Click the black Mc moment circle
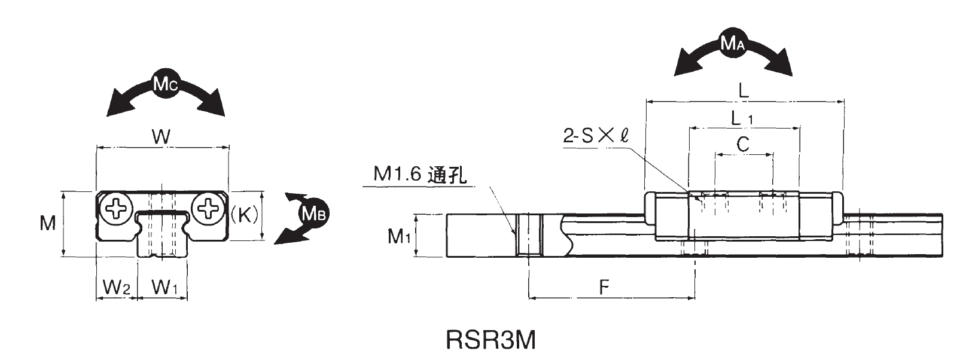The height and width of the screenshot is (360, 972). click(x=164, y=86)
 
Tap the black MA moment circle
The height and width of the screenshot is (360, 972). click(x=733, y=43)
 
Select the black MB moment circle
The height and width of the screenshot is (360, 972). click(x=313, y=213)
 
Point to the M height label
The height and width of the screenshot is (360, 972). click(x=48, y=224)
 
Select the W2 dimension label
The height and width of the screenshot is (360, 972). click(x=116, y=288)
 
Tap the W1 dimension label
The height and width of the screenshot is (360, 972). click(x=164, y=288)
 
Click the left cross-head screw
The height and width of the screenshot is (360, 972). click(x=115, y=209)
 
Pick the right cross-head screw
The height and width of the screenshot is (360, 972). click(x=208, y=209)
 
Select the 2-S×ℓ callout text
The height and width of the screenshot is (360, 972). click(x=595, y=136)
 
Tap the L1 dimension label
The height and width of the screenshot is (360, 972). click(x=742, y=118)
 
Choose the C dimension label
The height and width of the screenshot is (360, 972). click(x=743, y=144)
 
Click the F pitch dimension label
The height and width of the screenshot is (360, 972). click(x=605, y=286)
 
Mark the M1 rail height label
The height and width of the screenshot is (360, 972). click(x=399, y=237)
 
